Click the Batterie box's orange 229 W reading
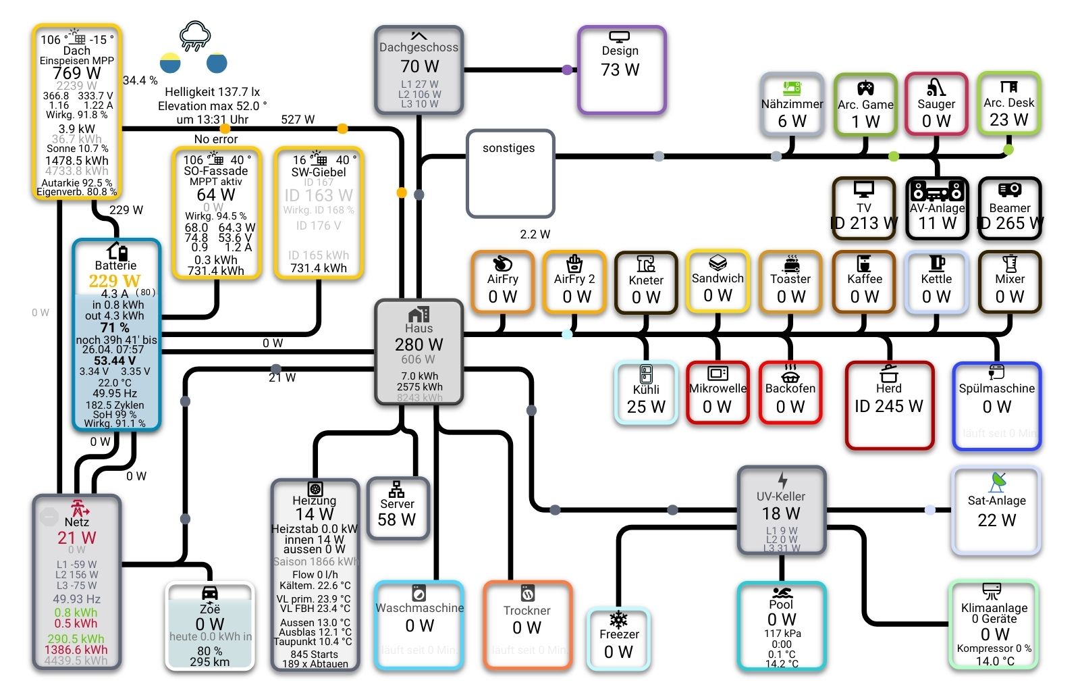[x=115, y=281]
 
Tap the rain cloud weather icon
[x=195, y=35]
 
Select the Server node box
[x=398, y=508]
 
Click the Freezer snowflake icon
[x=619, y=619]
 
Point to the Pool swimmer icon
[x=782, y=592]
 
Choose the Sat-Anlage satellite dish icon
[x=997, y=482]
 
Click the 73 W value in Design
[x=620, y=70]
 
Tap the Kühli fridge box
[x=646, y=392]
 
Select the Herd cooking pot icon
[x=889, y=373]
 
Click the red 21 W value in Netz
[x=77, y=538]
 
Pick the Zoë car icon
[x=210, y=593]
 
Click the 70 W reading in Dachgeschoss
[x=419, y=66]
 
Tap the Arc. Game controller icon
[x=865, y=88]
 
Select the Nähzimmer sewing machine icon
[x=792, y=88]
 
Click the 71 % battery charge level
[x=115, y=328]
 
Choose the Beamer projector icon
[x=1010, y=190]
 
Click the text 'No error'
[x=216, y=139]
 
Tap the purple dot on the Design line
[x=567, y=70]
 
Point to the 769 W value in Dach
[x=76, y=73]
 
